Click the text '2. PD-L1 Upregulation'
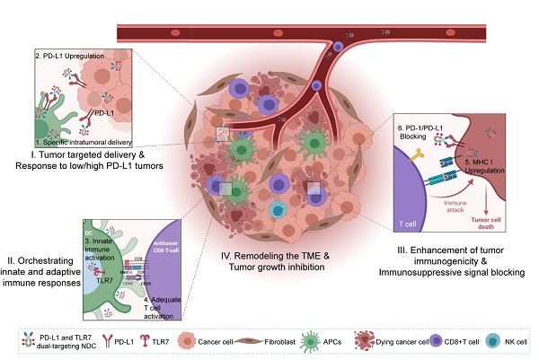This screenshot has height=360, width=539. pyautogui.click(x=66, y=57)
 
